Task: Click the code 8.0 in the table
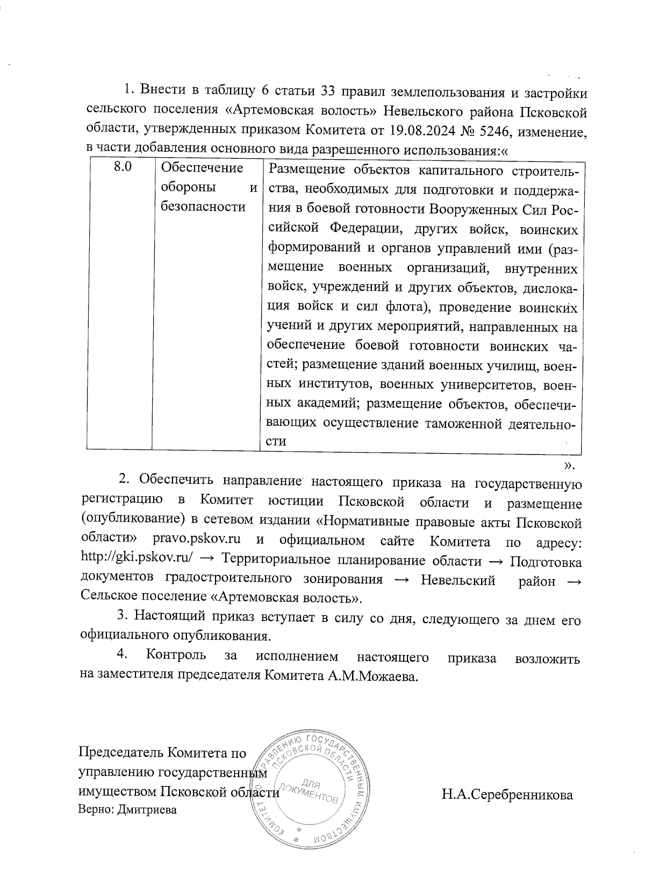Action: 123,168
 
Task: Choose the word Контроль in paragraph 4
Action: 176,658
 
